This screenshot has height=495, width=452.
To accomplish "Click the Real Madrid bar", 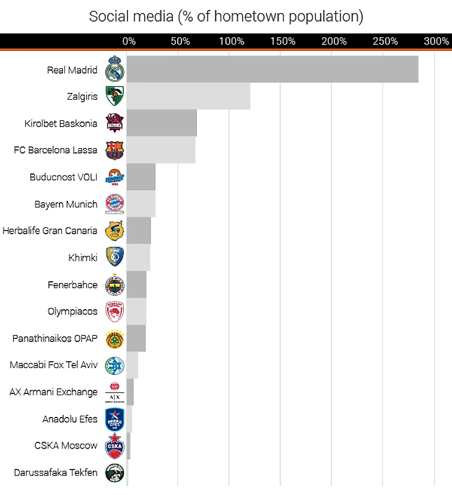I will (272, 69).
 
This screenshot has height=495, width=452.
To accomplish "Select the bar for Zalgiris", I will (188, 97).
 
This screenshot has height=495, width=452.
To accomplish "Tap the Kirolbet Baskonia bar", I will (162, 123).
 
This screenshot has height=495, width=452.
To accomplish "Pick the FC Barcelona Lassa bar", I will (161, 150).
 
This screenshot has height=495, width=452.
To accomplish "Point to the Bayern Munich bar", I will (141, 204).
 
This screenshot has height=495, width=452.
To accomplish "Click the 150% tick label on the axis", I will (283, 42).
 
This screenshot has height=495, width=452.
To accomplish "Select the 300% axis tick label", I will (437, 42).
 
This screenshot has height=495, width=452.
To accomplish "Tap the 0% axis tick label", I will (129, 42).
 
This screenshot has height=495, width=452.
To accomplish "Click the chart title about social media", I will (226, 16).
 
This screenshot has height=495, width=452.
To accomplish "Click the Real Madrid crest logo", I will (115, 69).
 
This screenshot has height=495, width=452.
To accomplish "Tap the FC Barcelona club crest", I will (115, 150).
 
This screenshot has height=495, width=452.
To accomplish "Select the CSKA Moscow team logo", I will (115, 445).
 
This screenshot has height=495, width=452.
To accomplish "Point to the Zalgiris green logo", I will (115, 97).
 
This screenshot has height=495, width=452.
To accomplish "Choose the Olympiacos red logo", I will (115, 312).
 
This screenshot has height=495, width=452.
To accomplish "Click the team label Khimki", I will (83, 258).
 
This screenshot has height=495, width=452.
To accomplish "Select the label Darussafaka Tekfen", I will (56, 473).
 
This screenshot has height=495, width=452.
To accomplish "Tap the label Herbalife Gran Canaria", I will (50, 230).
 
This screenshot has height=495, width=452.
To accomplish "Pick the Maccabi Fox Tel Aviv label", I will (54, 365).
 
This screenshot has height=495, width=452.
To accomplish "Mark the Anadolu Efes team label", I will (70, 419).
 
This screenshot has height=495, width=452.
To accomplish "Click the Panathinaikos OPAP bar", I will (136, 338).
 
